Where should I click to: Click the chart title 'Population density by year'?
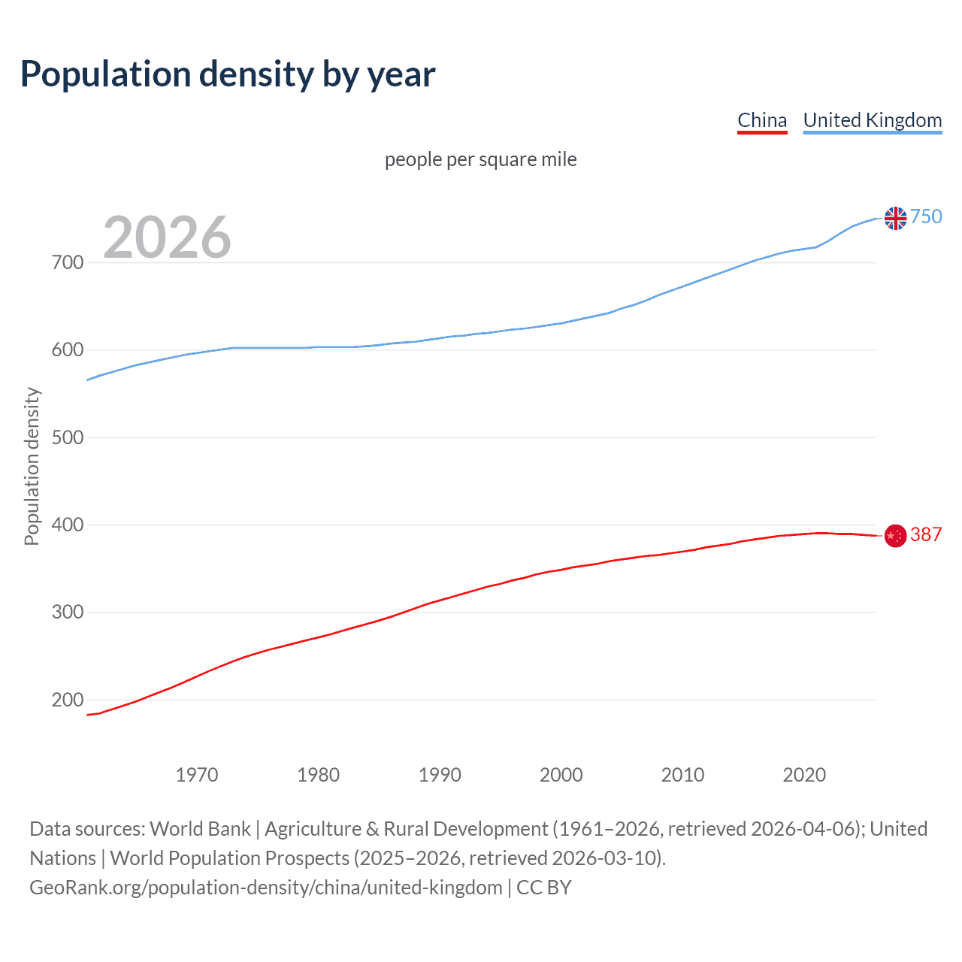(228, 74)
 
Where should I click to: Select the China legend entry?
(762, 120)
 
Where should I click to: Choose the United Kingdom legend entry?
(872, 120)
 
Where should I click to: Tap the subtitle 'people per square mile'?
(480, 159)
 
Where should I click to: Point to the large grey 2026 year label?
(167, 237)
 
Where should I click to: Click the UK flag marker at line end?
(895, 218)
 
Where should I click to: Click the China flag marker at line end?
(895, 536)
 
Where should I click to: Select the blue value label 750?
(926, 216)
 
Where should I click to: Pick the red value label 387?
(926, 534)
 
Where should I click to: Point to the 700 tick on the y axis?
(68, 262)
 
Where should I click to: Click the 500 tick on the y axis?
(68, 437)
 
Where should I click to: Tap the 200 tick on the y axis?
(68, 700)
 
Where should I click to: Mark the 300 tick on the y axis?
(68, 613)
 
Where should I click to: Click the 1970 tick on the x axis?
(197, 775)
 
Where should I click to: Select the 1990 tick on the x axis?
(440, 775)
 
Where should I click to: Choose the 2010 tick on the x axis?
(682, 775)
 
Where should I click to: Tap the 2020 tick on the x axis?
(804, 775)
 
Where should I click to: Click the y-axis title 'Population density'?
(32, 466)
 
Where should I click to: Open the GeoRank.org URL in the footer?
(266, 888)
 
